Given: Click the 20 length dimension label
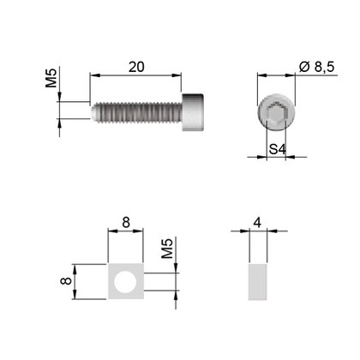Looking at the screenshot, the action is pyautogui.click(x=136, y=67).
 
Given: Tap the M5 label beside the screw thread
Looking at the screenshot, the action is pyautogui.click(x=51, y=78).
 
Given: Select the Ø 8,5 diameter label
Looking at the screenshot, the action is pyautogui.click(x=316, y=67).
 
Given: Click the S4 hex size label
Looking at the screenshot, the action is pyautogui.click(x=278, y=149).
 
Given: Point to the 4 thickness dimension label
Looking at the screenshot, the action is pyautogui.click(x=257, y=223).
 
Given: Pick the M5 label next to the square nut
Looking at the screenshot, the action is pyautogui.click(x=167, y=249).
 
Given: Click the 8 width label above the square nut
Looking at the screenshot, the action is pyautogui.click(x=126, y=222).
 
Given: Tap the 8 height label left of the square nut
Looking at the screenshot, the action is pyautogui.click(x=66, y=281).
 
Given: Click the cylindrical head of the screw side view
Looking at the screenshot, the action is pyautogui.click(x=193, y=112).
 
